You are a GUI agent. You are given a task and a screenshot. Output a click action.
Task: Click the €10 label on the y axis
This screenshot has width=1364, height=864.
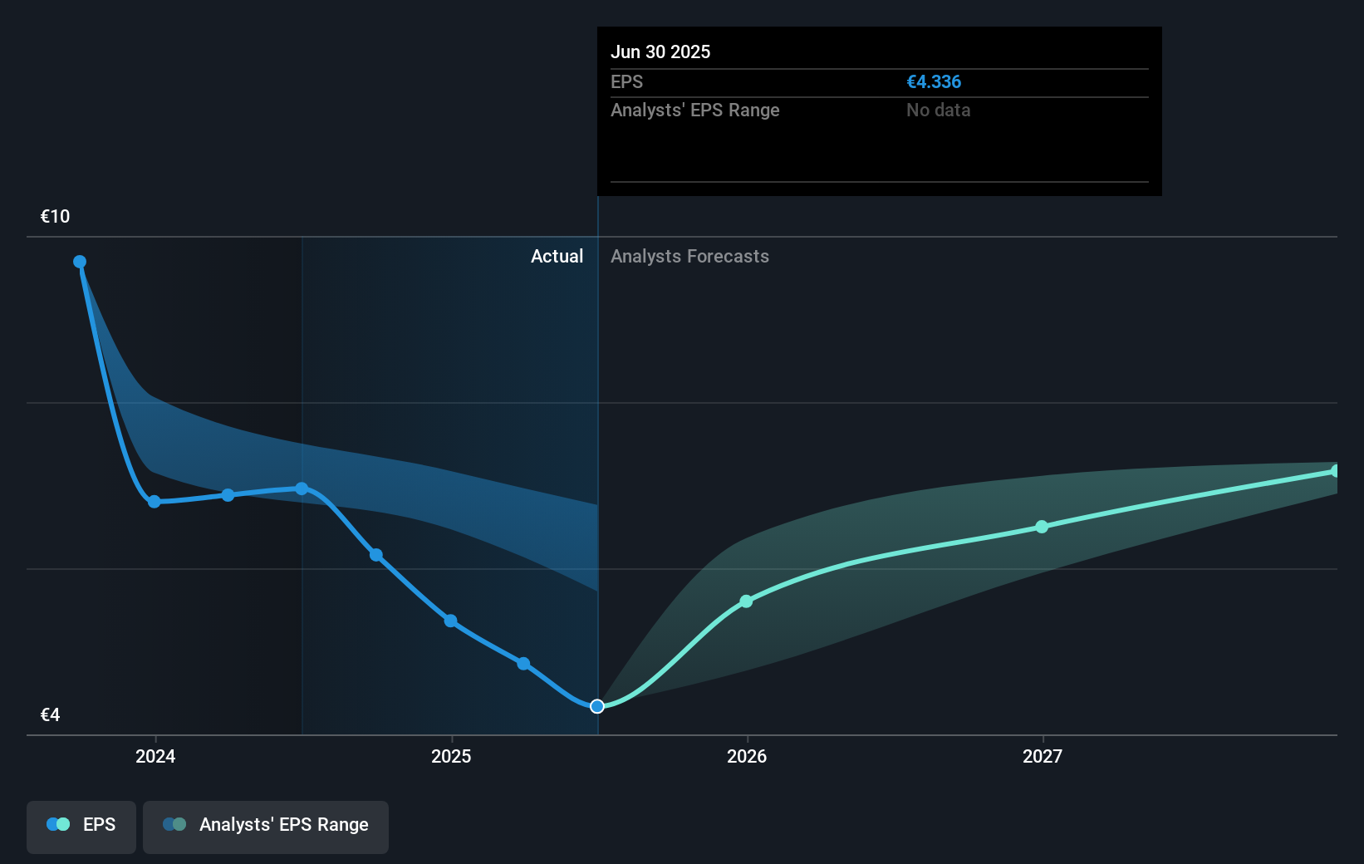point(55,217)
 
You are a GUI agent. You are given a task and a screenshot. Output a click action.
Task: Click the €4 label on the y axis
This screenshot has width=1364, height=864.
point(50,715)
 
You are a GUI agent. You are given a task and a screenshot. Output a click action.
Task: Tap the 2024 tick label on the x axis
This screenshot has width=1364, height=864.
point(155,756)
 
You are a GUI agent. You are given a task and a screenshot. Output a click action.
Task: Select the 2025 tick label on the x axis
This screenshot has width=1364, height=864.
point(451,756)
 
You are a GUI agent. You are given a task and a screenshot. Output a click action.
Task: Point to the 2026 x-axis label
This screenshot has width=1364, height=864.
point(747,756)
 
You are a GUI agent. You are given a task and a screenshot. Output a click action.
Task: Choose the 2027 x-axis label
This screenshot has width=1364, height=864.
point(1042,756)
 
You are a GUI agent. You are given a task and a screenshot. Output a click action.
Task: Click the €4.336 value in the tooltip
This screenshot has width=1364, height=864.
point(934,82)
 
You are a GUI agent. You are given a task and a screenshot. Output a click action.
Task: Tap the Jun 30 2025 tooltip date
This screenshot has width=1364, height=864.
point(660,52)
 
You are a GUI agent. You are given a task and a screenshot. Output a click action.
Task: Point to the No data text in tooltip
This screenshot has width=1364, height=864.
point(938,110)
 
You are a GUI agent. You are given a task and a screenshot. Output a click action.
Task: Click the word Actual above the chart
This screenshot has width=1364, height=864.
point(557,257)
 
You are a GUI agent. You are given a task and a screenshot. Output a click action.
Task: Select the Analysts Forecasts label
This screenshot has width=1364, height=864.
point(689,257)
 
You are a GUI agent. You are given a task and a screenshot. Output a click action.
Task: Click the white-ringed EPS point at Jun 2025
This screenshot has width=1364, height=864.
point(597,706)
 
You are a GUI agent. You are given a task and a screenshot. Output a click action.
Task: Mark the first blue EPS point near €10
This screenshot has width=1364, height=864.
point(80,262)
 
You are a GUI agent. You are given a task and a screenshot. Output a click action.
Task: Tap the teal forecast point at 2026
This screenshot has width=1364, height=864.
point(746,601)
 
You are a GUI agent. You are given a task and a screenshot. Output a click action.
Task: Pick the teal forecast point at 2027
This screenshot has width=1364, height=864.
point(1042,527)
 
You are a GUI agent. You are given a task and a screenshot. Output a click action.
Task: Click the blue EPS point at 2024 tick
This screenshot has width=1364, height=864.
point(155,502)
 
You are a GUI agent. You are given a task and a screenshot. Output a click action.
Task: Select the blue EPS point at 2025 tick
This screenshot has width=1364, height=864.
point(450,621)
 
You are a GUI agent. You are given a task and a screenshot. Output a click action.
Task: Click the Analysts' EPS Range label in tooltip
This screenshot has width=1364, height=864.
point(694,110)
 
